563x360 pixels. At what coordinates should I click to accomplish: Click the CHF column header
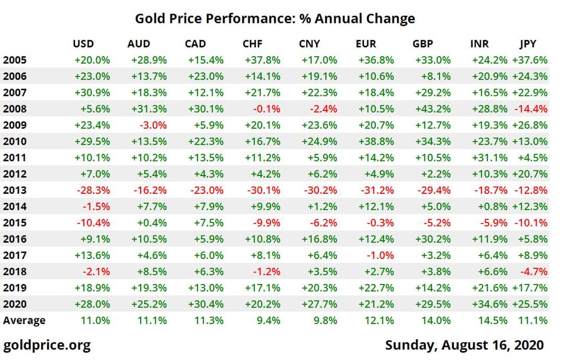coord(252,44)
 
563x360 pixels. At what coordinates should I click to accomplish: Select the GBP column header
coord(423,44)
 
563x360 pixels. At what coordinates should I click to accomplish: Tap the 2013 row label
coord(15,190)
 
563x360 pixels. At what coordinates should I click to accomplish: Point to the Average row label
coord(25,320)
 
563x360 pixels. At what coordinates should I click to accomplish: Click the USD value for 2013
coord(93,190)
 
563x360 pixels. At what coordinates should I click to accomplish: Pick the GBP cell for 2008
coord(433,109)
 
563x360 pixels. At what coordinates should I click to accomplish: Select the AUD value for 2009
coord(153,125)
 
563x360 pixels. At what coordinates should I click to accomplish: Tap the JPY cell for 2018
coord(534,271)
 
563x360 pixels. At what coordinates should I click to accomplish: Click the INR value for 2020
coord(489,304)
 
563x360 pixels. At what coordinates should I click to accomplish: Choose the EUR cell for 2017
coord(380,255)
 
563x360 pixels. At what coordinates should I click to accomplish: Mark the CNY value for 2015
coord(324,222)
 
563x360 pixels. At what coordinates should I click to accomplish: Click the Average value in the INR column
coord(493,320)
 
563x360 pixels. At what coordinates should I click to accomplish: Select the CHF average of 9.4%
coord(268,320)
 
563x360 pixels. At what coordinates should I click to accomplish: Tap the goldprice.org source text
coord(47,345)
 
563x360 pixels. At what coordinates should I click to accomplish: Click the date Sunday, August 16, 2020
coord(464,345)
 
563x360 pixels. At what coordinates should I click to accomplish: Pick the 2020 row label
coord(15,304)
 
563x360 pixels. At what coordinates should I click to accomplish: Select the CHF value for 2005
coord(262,60)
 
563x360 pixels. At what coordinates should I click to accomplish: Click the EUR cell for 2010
coord(376,141)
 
